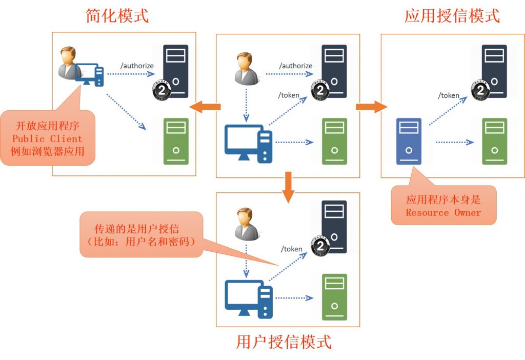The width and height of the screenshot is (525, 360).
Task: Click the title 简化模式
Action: (117, 16)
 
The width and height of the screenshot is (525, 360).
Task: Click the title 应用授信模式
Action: (452, 16)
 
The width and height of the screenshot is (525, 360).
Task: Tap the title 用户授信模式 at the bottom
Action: (284, 342)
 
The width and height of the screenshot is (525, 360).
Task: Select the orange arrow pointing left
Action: (205, 107)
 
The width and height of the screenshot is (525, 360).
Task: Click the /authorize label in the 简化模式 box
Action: (137, 66)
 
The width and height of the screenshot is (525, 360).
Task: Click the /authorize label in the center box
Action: (296, 66)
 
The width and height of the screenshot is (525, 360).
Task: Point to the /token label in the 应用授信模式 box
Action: (449, 95)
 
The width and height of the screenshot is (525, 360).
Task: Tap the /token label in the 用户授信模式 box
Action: (291, 249)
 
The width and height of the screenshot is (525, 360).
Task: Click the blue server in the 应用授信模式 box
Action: (409, 141)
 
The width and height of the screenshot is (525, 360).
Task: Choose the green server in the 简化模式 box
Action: (176, 141)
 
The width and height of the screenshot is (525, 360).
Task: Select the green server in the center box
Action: (334, 141)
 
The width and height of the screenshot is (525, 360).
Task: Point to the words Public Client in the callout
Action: (47, 138)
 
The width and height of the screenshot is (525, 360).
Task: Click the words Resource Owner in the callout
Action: (443, 212)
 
